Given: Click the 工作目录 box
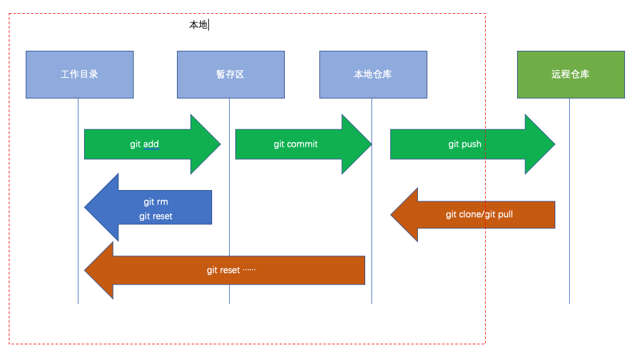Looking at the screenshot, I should tap(80, 75).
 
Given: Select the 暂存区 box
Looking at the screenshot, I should tap(230, 75).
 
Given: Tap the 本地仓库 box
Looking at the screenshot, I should tap(373, 75).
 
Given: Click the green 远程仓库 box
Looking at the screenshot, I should tap(570, 75).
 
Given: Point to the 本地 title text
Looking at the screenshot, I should tap(198, 25).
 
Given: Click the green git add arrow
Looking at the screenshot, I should tap(151, 144).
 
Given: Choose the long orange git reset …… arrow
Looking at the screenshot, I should tap(226, 270).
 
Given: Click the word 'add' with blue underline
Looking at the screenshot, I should tap(151, 144).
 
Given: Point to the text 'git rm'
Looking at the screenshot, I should tap(156, 202).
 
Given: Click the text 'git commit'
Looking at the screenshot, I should tap(296, 144).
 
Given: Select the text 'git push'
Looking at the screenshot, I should tap(464, 144).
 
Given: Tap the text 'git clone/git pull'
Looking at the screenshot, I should tap(479, 214).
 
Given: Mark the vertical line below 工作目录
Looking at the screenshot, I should tap(78, 295).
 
